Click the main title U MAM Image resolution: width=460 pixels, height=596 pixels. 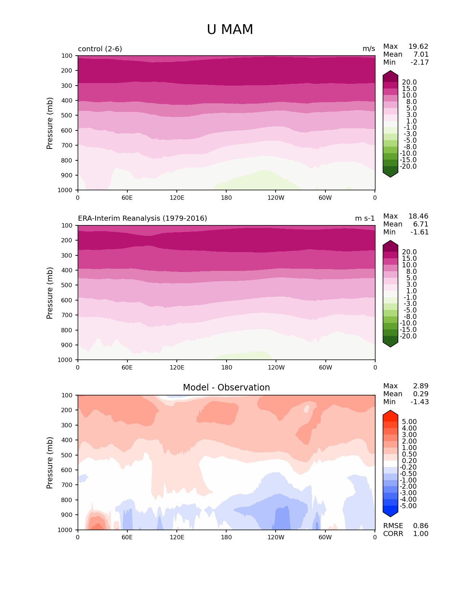pyautogui.click(x=230, y=30)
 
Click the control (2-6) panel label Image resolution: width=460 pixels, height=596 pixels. pyautogui.click(x=100, y=49)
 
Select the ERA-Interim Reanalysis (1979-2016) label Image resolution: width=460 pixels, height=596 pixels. pyautogui.click(x=143, y=219)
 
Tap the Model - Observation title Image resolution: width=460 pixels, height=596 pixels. pyautogui.click(x=226, y=388)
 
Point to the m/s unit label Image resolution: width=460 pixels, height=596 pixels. pyautogui.click(x=369, y=49)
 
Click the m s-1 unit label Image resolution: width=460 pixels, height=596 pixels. pyautogui.click(x=365, y=219)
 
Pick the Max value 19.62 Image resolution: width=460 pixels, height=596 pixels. pyautogui.click(x=418, y=47)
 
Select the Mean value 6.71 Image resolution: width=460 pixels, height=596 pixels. pyautogui.click(x=421, y=224)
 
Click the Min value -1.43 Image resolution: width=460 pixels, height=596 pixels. pyautogui.click(x=420, y=402)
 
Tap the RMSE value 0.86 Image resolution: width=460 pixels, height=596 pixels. pyautogui.click(x=421, y=526)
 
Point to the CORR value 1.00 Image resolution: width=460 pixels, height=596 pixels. pyautogui.click(x=421, y=534)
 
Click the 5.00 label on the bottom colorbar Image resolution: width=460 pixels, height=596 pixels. pyautogui.click(x=409, y=422)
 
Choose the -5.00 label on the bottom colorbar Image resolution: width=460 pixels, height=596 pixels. pyautogui.click(x=408, y=506)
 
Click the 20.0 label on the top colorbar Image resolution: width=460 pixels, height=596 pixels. pyautogui.click(x=409, y=82)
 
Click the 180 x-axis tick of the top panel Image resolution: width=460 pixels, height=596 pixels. pyautogui.click(x=226, y=198)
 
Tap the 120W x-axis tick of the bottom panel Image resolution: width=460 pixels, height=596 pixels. pyautogui.click(x=276, y=537)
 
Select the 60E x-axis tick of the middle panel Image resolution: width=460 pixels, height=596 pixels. pyautogui.click(x=127, y=368)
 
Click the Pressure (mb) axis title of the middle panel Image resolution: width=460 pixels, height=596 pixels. pyautogui.click(x=50, y=293)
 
